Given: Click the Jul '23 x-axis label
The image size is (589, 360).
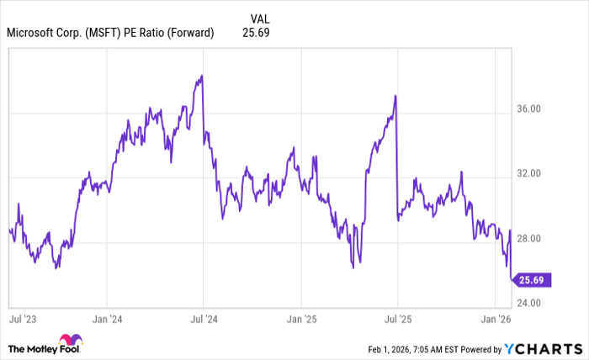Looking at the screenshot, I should coord(22,320).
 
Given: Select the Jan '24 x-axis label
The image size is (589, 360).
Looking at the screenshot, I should coord(106,320).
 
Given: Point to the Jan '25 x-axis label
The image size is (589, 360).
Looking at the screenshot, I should coord(300,320).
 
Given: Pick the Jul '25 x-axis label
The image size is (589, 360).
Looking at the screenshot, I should coord(397,320).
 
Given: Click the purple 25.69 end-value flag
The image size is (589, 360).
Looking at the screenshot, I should coord(532,280).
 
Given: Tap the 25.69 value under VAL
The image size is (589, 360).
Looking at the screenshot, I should coord(255,33).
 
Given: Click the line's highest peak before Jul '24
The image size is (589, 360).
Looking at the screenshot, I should coord(201,77).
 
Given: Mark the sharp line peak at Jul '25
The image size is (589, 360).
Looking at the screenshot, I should coord(395,96).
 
